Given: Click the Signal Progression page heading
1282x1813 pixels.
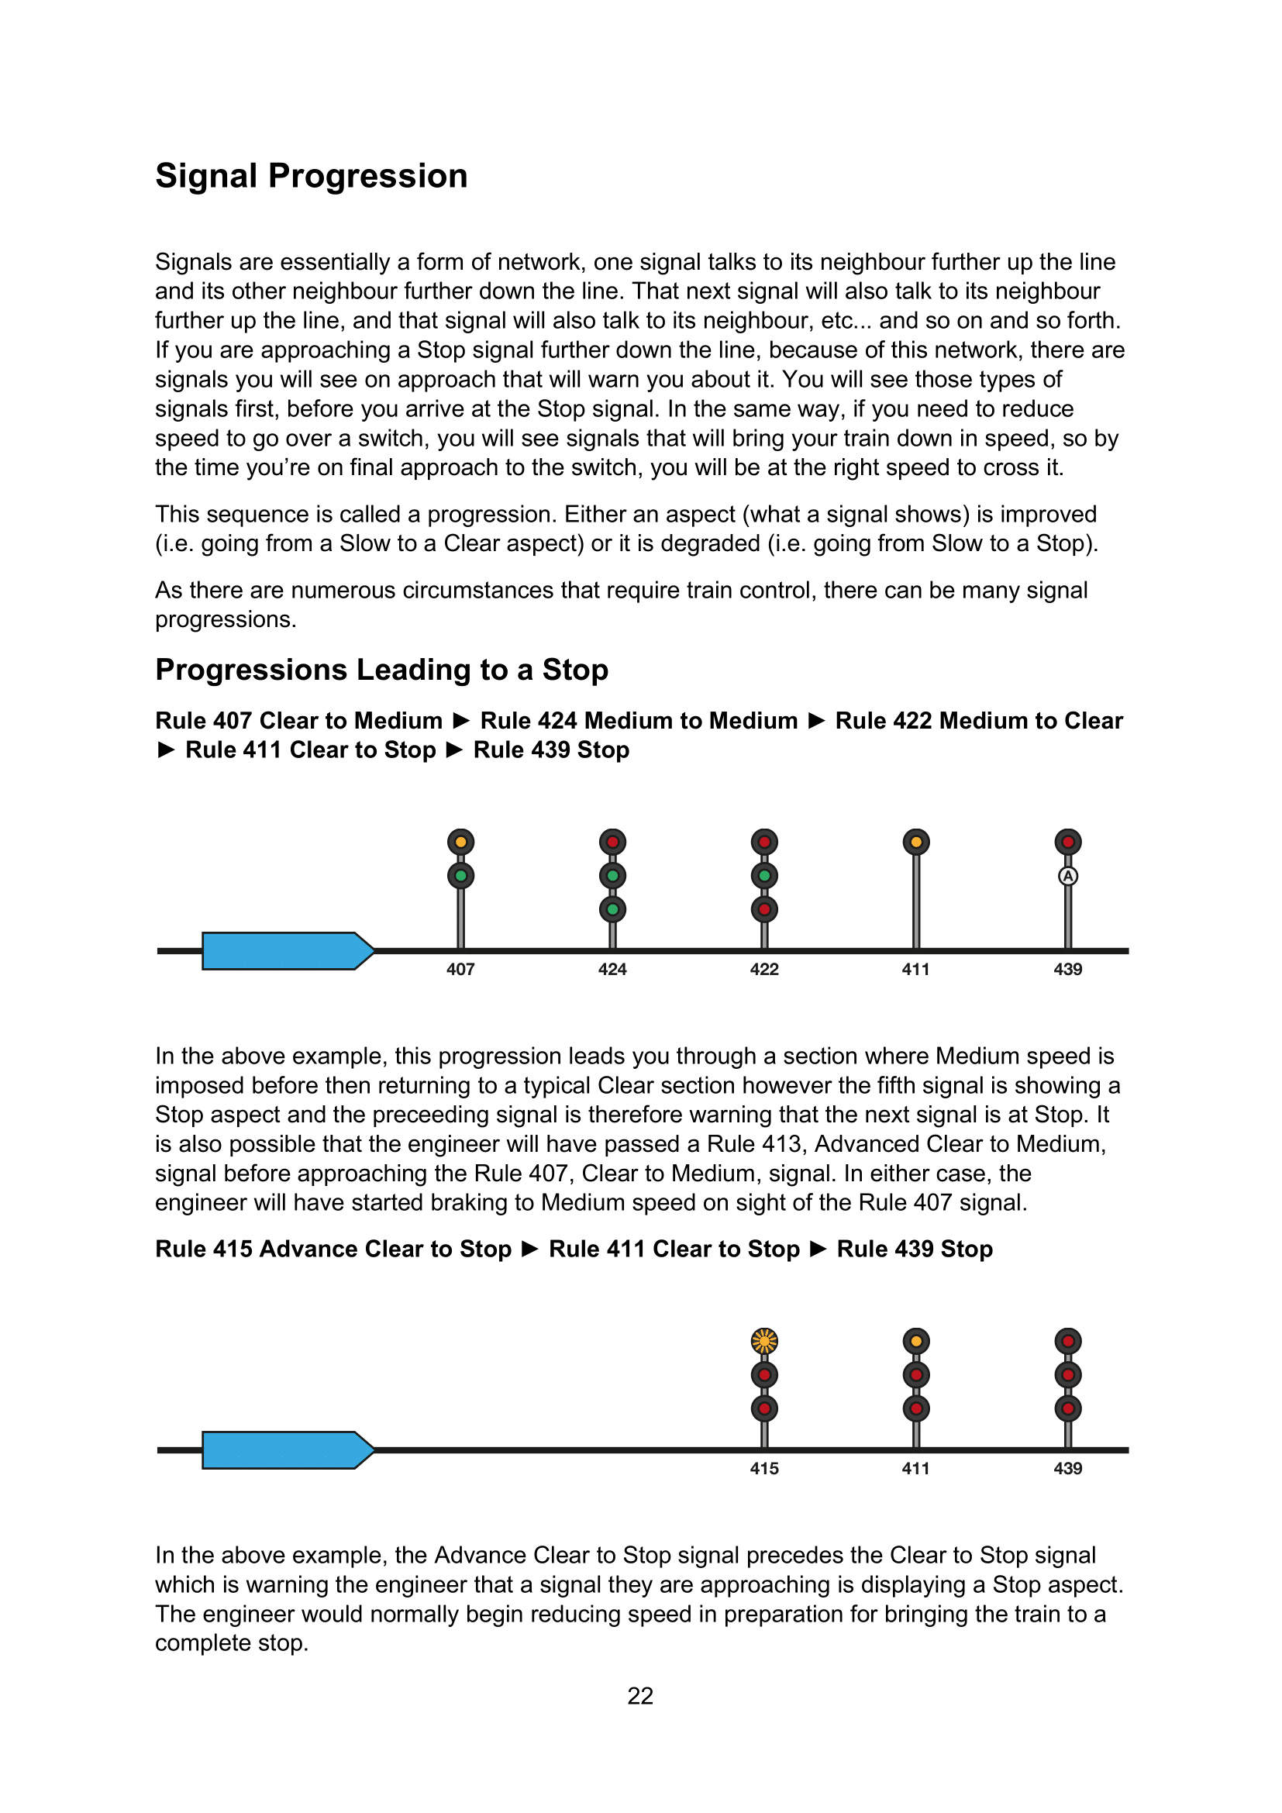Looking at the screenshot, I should [311, 176].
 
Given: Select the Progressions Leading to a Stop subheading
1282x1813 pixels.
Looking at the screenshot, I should [381, 670].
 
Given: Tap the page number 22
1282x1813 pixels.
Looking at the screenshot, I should [640, 1695].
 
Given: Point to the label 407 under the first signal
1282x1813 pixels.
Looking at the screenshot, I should [460, 970].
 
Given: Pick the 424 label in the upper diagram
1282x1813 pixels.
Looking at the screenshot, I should [612, 970].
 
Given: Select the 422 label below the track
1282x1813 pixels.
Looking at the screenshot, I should [764, 970].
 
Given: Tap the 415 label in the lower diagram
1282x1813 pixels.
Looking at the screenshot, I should [764, 1469].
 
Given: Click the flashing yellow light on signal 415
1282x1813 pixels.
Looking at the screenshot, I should [764, 1341].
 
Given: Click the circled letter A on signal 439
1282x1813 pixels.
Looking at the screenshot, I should [1068, 876].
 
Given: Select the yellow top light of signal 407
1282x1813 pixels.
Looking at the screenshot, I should [460, 842].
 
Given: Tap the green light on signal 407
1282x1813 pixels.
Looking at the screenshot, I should [460, 876].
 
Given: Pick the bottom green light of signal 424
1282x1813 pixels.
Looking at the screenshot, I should [612, 910].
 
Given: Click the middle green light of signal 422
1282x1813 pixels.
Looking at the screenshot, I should [764, 876].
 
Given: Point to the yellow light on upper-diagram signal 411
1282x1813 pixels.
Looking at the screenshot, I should [915, 842].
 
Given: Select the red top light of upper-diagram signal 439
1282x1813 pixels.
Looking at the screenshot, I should [1068, 842].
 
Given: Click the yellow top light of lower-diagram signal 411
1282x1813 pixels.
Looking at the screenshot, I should [915, 1341].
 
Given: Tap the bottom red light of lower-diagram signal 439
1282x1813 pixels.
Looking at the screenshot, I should [1068, 1408].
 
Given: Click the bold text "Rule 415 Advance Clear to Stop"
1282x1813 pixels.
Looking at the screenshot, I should [333, 1249].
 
